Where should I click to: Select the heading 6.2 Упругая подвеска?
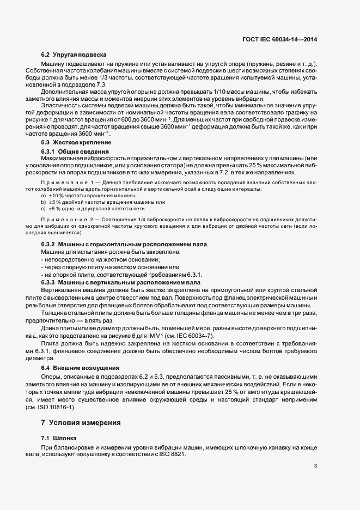click(x=74, y=56)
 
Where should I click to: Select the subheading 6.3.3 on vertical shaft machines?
click(x=121, y=282)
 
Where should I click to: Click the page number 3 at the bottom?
click(x=316, y=466)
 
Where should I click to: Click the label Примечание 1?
click(x=68, y=181)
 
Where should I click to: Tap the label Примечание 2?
click(x=68, y=219)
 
